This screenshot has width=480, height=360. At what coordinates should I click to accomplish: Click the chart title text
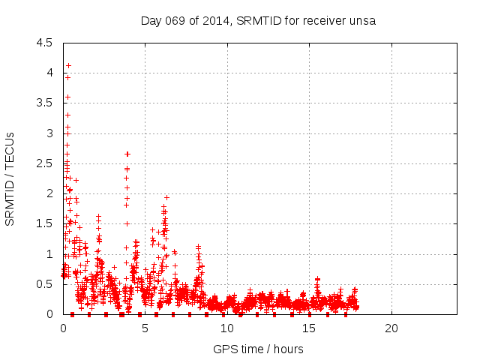258,20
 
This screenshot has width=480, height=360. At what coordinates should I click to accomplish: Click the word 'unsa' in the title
361,20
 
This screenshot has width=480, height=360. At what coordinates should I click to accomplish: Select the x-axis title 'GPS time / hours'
258,349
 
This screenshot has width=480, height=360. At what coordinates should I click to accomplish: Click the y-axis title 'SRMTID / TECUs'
10,178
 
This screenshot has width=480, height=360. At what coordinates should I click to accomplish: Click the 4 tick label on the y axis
49,73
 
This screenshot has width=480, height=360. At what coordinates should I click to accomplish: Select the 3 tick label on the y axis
49,133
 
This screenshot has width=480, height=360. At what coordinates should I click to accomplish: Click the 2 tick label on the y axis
49,193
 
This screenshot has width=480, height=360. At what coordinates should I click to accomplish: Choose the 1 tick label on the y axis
49,254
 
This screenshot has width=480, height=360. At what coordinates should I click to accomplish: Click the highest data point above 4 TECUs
68,65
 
